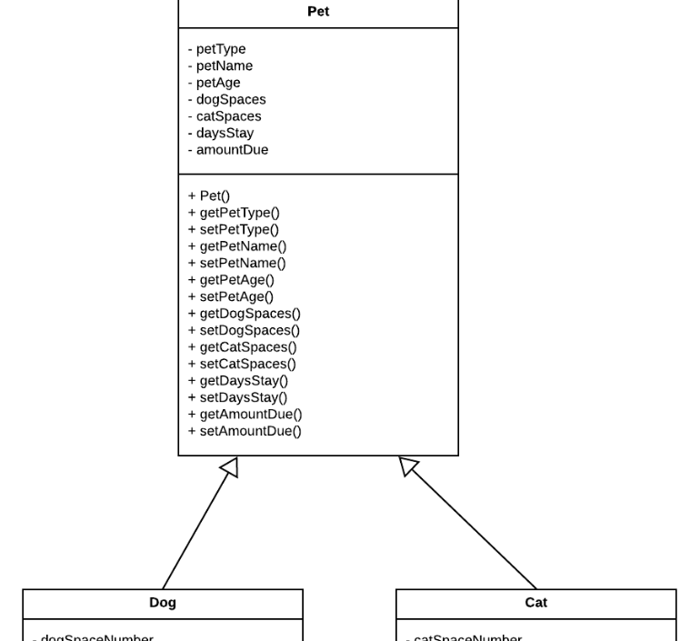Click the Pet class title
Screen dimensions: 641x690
(318, 12)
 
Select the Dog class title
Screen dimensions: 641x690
(163, 603)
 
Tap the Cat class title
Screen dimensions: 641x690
(536, 603)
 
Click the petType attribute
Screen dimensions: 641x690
(217, 49)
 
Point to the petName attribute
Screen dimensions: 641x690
(221, 66)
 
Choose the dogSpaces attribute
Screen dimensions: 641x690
(227, 100)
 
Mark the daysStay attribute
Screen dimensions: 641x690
(221, 134)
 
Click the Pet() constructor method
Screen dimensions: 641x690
(209, 196)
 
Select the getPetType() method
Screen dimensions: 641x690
(234, 213)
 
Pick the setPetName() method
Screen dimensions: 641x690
(236, 264)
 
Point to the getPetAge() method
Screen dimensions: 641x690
(231, 280)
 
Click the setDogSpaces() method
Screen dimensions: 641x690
(244, 331)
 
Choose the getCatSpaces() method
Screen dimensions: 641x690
(242, 347)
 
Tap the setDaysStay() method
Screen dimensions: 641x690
(237, 397)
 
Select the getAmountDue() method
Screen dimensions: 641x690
(245, 415)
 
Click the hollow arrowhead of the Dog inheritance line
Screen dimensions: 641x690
(231, 467)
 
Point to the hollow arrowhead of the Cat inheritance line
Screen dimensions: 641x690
(408, 466)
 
